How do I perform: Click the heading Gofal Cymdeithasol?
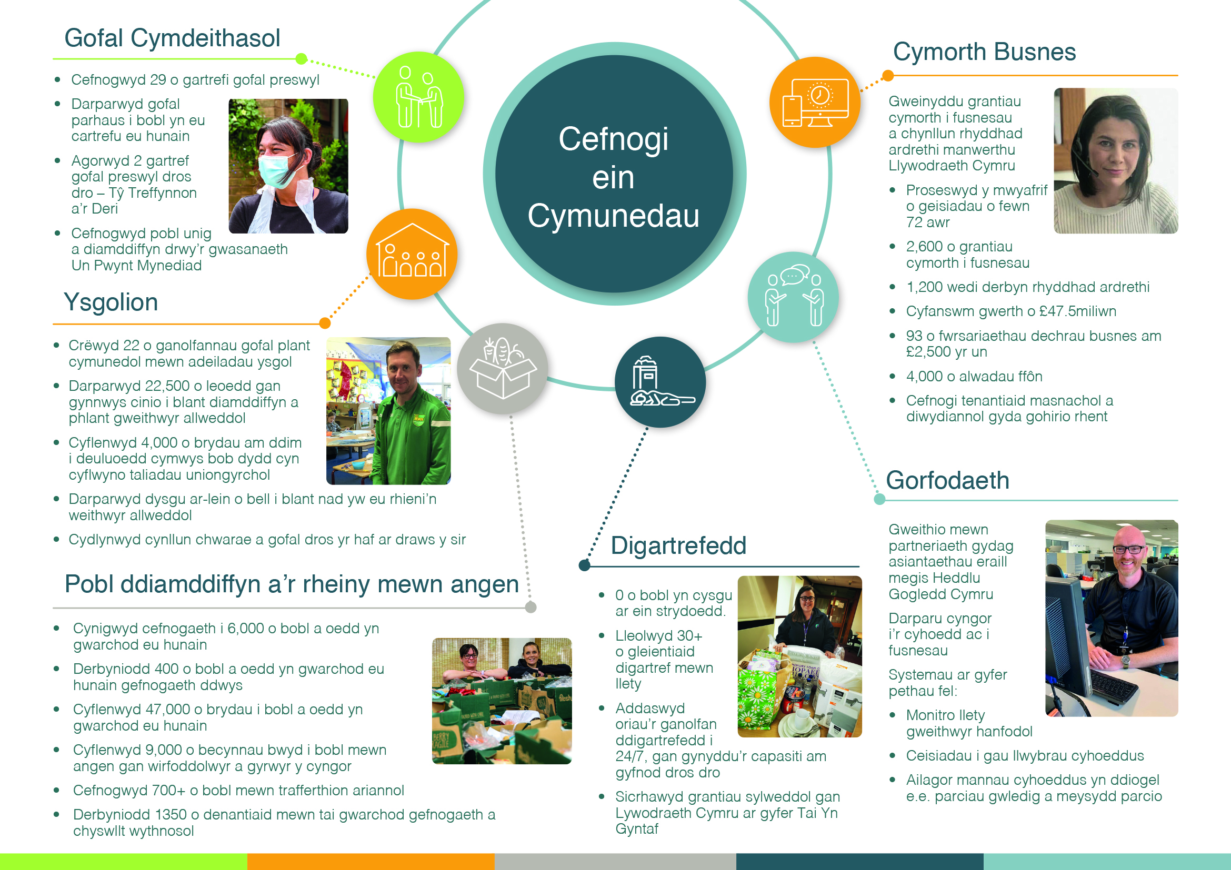(x=172, y=38)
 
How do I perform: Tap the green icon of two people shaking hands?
(x=419, y=97)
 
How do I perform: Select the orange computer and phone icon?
(x=815, y=103)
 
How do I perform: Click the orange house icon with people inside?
(x=412, y=254)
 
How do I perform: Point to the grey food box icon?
(x=503, y=369)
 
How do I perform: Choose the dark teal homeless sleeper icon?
(x=660, y=382)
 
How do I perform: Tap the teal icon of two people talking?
(x=794, y=297)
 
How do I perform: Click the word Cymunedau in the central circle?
(x=613, y=216)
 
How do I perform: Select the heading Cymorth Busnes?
(x=984, y=52)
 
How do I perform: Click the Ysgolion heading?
(x=111, y=302)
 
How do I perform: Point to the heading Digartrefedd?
(x=678, y=546)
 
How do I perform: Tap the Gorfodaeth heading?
(x=947, y=481)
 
